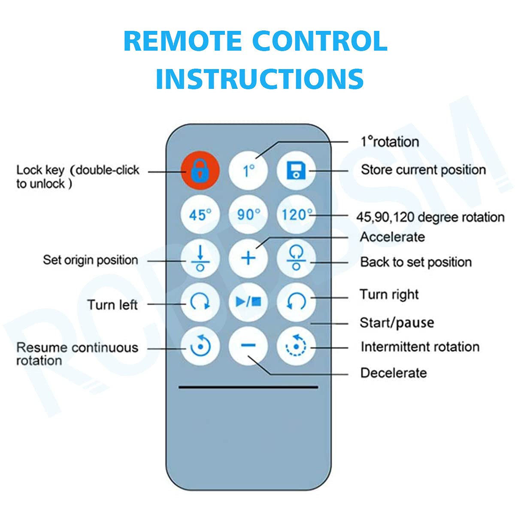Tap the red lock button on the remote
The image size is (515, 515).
[200, 171]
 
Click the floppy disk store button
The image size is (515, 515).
[296, 171]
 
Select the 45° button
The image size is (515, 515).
[200, 215]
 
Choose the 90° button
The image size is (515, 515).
[248, 215]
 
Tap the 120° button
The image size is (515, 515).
[296, 215]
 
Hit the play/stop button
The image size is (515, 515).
[248, 302]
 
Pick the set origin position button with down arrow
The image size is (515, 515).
[200, 259]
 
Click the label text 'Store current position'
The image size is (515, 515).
[423, 170]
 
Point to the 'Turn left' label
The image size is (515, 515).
[112, 305]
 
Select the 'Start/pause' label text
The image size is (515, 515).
[397, 323]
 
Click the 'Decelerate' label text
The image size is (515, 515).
[394, 373]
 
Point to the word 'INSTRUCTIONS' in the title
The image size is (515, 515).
[260, 78]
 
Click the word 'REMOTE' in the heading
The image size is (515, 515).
[182, 41]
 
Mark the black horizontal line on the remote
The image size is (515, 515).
[248, 387]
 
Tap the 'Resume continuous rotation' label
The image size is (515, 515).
[77, 354]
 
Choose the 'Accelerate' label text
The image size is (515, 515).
[392, 237]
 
